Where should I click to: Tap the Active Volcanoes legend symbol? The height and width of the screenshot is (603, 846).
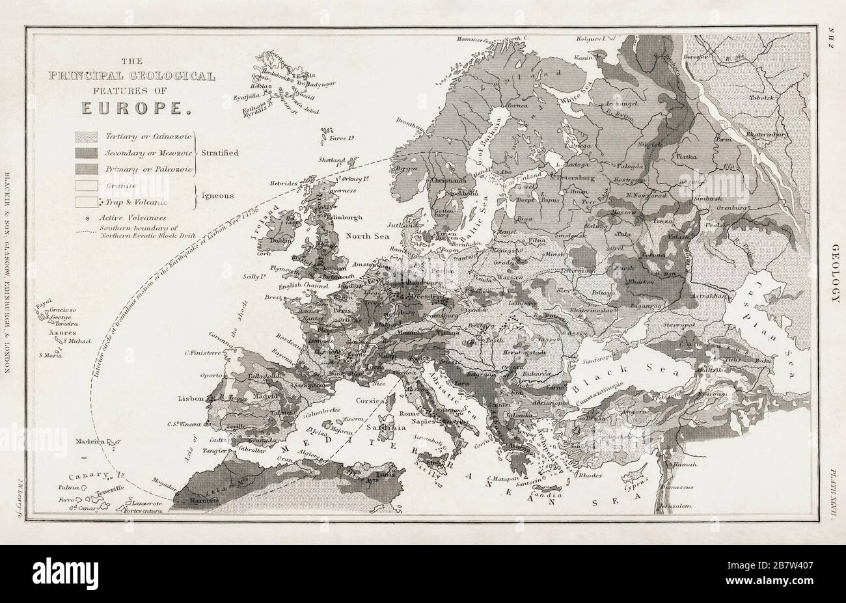86,218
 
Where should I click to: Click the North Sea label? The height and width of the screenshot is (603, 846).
368,235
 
